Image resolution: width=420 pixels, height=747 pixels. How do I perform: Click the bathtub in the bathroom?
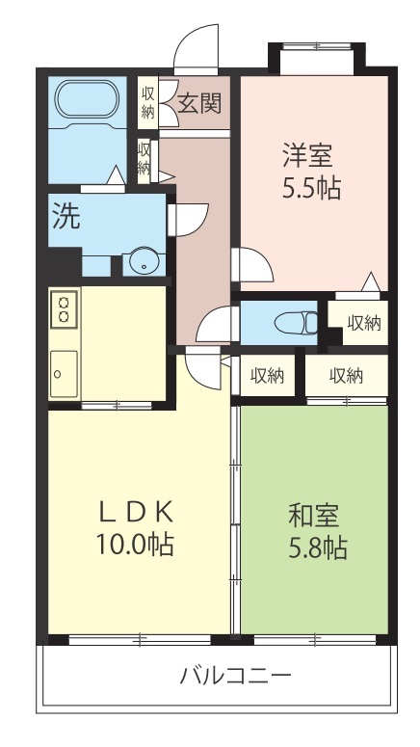click(87, 98)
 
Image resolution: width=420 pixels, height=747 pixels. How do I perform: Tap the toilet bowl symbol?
click(296, 323)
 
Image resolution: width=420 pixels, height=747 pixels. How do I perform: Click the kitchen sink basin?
click(64, 374)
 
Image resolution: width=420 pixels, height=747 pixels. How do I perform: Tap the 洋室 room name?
click(307, 155)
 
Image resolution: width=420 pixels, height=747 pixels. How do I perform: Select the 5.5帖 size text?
click(311, 189)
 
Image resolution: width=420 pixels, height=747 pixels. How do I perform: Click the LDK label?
click(136, 513)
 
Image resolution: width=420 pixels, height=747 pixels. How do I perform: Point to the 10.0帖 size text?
click(135, 544)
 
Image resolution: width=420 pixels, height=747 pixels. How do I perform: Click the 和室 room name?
click(314, 516)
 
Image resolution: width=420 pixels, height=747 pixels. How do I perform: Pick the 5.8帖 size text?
click(317, 547)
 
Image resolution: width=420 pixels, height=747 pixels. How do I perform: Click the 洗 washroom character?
click(66, 217)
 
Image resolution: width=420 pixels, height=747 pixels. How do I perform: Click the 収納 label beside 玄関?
click(147, 102)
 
